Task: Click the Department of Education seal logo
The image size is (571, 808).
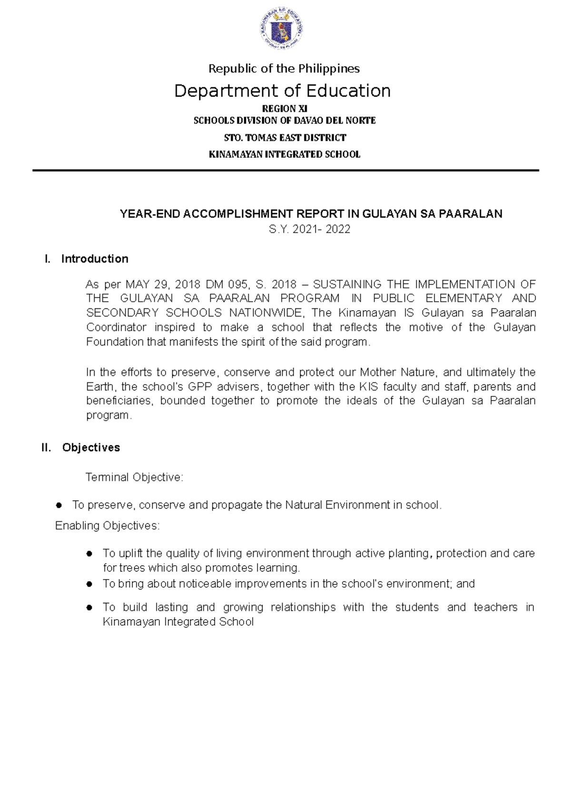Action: pos(283,30)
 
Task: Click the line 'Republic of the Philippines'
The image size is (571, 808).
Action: pos(284,69)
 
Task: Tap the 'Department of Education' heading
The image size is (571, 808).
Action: pos(282,91)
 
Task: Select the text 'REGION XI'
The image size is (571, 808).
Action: pos(285,108)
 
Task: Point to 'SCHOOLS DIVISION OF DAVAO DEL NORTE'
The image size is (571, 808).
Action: pos(285,121)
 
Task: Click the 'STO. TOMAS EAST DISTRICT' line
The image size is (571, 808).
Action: pos(285,138)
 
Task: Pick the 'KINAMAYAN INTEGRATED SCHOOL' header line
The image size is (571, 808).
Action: pos(285,155)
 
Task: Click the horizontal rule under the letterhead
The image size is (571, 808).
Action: pos(285,170)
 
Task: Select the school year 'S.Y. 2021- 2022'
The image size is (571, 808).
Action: pos(309,230)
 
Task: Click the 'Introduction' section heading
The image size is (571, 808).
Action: pos(95,259)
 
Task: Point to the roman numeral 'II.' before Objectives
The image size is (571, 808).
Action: pos(47,448)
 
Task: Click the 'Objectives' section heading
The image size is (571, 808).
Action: pos(91,448)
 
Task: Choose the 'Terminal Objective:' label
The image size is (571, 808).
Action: pos(134,477)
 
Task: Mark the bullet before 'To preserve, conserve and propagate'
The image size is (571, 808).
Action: pos(59,505)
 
